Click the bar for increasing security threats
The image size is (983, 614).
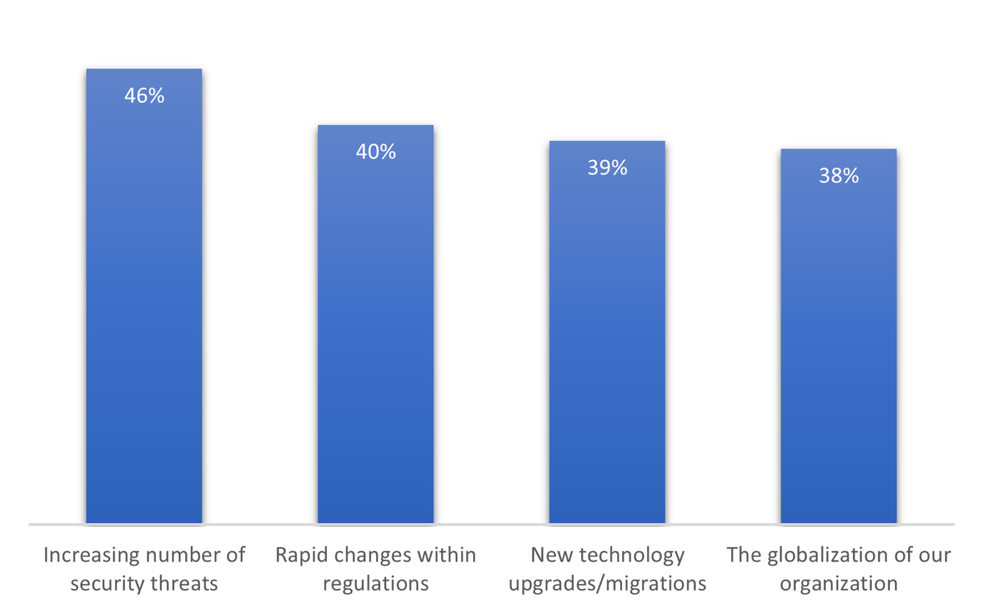144,307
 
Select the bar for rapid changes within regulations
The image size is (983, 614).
376,333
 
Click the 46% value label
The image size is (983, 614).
144,96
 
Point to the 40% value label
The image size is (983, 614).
376,152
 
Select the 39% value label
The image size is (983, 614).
607,168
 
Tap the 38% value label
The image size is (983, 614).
838,175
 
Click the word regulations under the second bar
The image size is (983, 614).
376,584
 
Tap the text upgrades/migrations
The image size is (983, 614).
607,584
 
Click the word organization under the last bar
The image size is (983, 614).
838,584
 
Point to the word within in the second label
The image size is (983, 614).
446,555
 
